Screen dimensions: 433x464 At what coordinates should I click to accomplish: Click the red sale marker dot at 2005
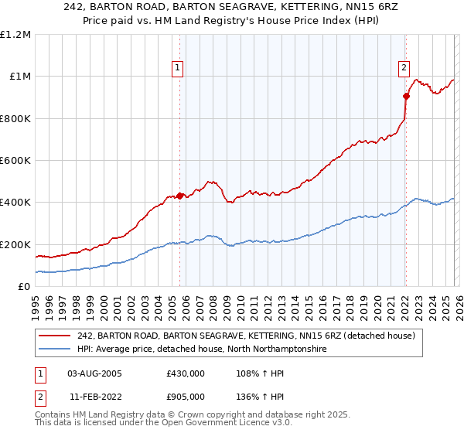179,196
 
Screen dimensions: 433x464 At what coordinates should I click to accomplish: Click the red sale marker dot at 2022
405,96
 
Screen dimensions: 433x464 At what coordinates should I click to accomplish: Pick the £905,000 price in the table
185,397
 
